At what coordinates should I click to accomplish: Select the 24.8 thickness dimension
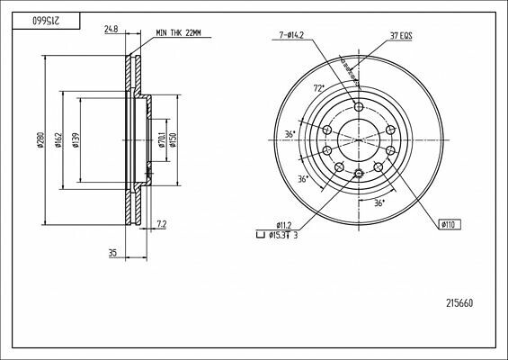point(111,30)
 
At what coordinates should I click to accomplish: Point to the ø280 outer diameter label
point(40,140)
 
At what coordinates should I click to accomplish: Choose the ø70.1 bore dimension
point(161,140)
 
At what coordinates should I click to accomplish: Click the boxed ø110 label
point(450,223)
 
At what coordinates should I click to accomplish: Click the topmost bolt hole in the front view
point(359,106)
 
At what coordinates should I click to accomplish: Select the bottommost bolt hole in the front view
point(359,174)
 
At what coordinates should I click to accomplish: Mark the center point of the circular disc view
point(359,140)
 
